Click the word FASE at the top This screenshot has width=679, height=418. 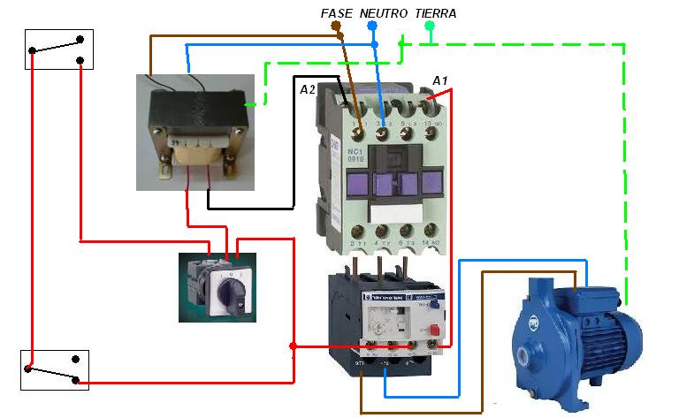(x=337, y=13)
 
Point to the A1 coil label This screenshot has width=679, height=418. (x=440, y=81)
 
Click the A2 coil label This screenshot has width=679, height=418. (x=308, y=90)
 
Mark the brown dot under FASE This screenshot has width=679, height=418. (x=335, y=26)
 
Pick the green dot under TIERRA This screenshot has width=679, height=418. (x=430, y=26)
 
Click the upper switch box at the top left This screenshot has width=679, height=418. (x=59, y=49)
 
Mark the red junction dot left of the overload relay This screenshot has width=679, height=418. (x=294, y=346)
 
